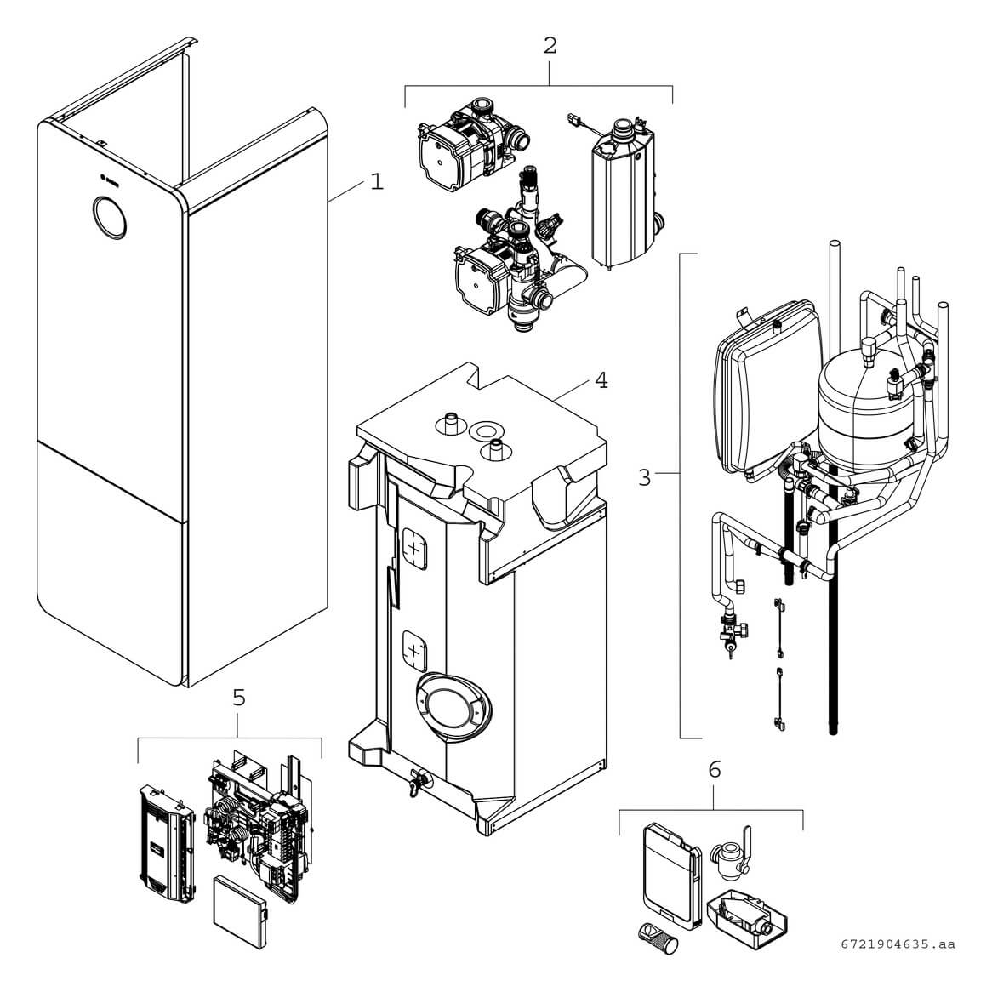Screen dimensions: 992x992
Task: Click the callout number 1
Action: click(x=376, y=182)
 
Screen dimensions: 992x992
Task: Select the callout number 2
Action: click(x=550, y=45)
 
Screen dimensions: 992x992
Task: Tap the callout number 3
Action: click(x=644, y=477)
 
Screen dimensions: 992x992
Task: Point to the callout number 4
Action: click(x=601, y=379)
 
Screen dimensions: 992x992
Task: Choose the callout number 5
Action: click(x=239, y=698)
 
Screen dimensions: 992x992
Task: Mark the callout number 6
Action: click(x=714, y=769)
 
